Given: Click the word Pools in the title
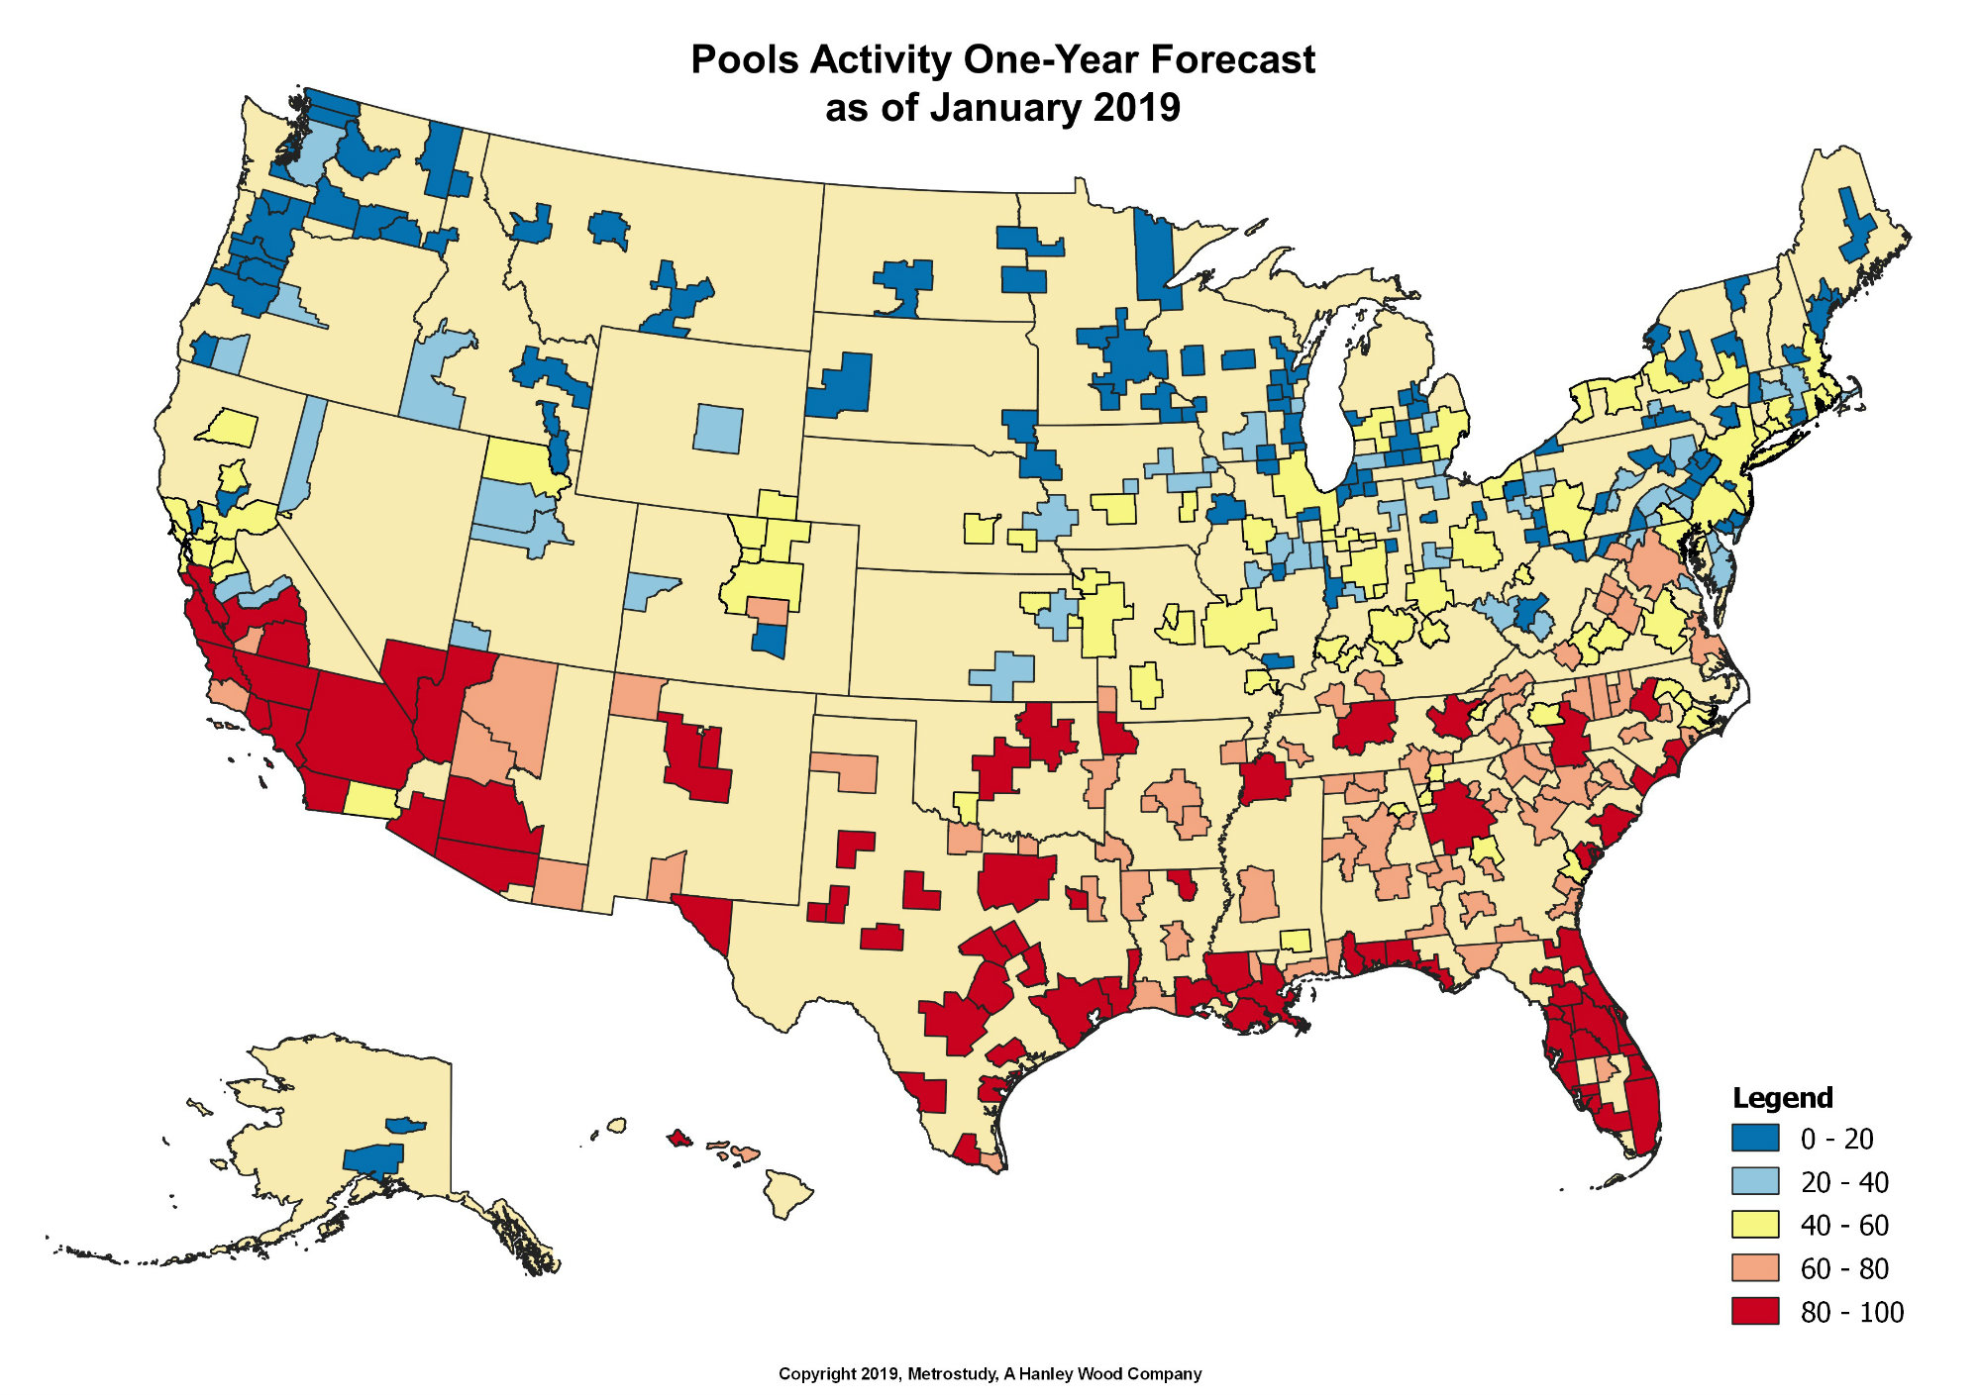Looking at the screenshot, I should point(745,60).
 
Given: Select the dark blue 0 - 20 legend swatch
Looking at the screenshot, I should point(1755,1138).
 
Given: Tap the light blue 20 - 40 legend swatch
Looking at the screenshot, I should point(1755,1181).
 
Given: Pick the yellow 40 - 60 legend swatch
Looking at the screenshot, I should point(1755,1225).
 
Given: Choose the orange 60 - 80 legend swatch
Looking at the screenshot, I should point(1755,1268).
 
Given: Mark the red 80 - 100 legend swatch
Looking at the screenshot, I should point(1755,1311).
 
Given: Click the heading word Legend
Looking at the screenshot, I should point(1782,1098).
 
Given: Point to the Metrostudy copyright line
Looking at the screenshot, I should point(990,1374).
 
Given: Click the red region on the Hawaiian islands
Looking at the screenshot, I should point(679,1139).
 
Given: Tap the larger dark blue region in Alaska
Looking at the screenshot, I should point(373,1159).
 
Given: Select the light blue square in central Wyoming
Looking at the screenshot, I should point(718,429).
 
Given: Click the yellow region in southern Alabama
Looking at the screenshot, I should point(1296,941).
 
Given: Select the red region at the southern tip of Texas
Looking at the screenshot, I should point(967,1148).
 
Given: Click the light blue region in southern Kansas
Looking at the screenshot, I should point(1003,674).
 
